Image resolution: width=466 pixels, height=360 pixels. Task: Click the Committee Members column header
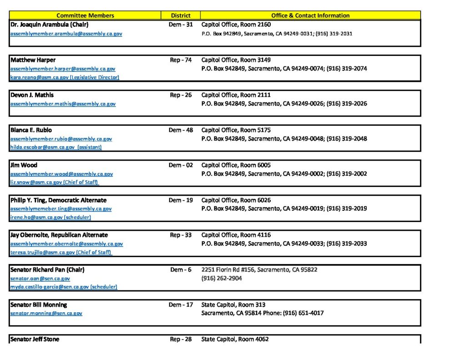coord(85,15)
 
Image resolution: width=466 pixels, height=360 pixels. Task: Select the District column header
coord(181,15)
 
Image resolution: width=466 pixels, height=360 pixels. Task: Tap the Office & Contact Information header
coord(310,15)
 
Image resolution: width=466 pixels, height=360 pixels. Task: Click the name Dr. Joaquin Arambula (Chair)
coord(49,25)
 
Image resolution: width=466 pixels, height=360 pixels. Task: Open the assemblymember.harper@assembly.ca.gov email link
coord(63,69)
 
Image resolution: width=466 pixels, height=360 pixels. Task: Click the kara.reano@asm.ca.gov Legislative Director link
coord(65,77)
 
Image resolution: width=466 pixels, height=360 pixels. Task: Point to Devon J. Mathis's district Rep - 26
coord(181,95)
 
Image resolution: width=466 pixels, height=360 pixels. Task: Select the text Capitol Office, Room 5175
coord(236,130)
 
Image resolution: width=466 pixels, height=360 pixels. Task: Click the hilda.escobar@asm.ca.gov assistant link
coord(56,147)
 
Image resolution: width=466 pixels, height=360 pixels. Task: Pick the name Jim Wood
coord(24,165)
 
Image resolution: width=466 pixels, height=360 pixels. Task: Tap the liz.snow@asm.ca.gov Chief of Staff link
coord(55,183)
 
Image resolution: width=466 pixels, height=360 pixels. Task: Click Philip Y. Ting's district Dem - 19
coord(181,200)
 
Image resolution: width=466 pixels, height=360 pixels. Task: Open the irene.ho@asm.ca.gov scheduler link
coord(51,218)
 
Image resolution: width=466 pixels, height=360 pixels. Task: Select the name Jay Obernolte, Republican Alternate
coord(59,235)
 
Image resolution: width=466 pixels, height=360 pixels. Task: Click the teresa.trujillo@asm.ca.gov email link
coord(61,253)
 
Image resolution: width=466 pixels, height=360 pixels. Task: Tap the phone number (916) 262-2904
coord(222,279)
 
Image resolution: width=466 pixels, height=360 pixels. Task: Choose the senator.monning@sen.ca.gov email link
coord(46,314)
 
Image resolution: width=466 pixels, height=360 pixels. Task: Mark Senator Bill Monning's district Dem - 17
coord(181,305)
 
